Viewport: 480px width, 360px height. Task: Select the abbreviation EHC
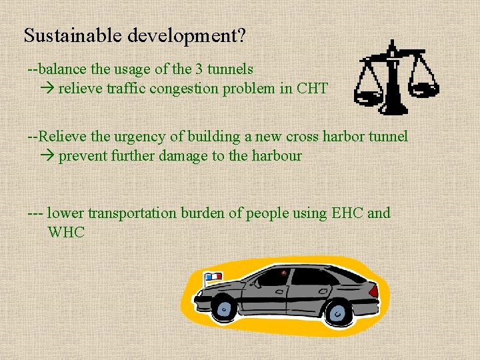(x=346, y=213)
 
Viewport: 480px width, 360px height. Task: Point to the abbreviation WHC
(x=67, y=233)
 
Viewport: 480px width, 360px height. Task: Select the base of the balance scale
(x=393, y=107)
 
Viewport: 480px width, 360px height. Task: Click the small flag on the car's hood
(x=213, y=276)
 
